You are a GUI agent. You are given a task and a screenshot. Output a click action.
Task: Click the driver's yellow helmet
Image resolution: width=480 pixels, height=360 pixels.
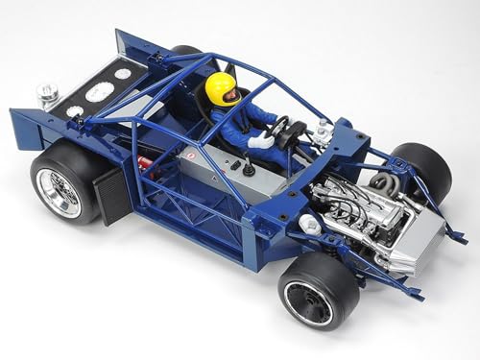(220, 88)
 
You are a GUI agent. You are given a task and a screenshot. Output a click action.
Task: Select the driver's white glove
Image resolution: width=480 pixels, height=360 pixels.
(259, 141)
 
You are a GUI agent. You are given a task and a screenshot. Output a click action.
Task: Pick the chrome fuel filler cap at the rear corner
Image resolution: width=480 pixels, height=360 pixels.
(47, 93)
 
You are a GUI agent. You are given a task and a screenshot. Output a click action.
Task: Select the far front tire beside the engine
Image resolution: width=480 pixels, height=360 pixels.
(422, 169)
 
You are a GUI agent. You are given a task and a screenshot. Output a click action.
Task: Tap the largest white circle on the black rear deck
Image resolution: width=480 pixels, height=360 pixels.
(98, 92)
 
